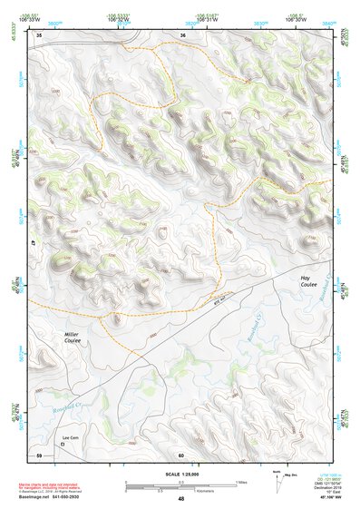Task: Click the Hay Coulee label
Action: [x=311, y=284]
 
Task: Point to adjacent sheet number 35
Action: [x=39, y=34]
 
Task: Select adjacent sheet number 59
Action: [x=39, y=454]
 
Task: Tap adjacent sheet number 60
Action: [x=182, y=454]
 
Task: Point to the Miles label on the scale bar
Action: [x=240, y=482]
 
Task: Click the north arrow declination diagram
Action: [x=277, y=480]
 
